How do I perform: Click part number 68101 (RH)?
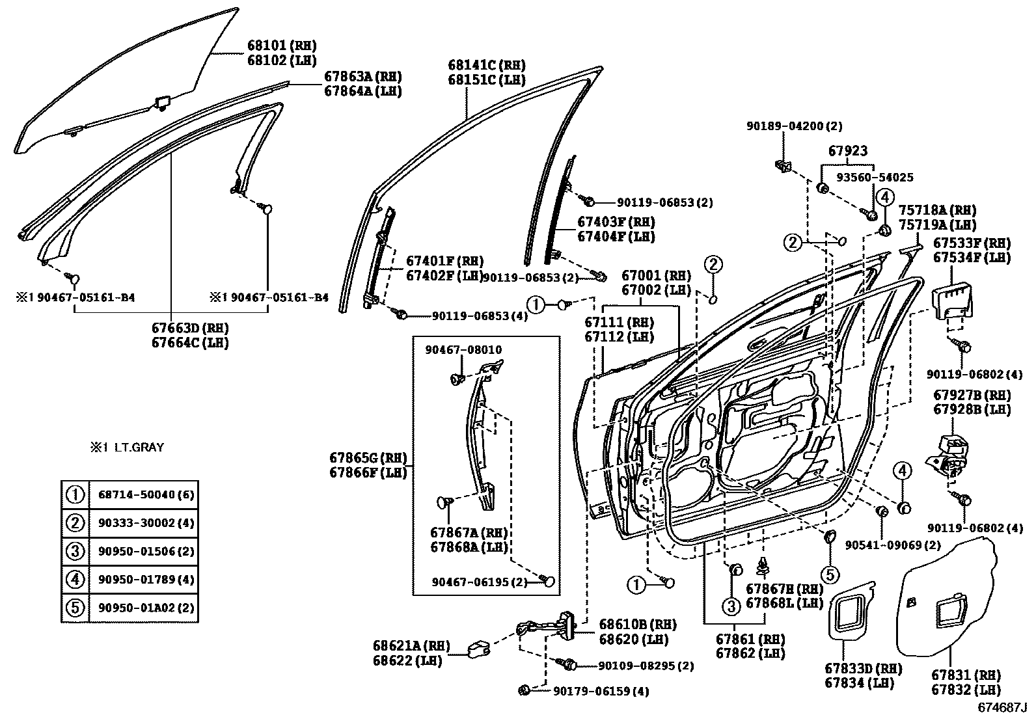pos(281,46)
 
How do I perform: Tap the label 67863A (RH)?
pos(362,77)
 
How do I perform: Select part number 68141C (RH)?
pos(486,65)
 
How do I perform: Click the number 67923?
pos(847,151)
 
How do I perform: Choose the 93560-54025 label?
pos(875,177)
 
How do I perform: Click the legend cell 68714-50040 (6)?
pos(146,495)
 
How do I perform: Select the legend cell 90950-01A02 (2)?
pos(146,608)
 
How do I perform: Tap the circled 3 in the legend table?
pos(75,552)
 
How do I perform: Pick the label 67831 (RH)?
pos(966,676)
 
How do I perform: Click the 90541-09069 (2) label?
pos(892,545)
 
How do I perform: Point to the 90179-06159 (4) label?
pos(601,692)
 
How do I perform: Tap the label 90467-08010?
pos(463,350)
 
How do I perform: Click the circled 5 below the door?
pos(829,574)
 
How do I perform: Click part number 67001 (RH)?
pos(655,276)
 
